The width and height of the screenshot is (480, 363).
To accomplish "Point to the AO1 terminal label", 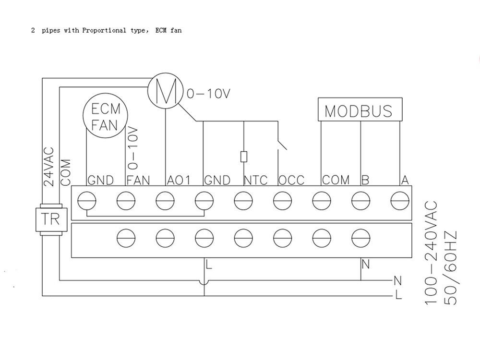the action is [x=179, y=180].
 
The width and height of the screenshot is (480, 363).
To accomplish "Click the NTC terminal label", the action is [x=256, y=180].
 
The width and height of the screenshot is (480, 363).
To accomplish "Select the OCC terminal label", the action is [x=292, y=180].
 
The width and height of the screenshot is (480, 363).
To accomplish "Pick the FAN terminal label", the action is [x=138, y=180].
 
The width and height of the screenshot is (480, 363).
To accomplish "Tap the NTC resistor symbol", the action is [x=244, y=157].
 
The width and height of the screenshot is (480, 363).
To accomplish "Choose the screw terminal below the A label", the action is [x=400, y=201].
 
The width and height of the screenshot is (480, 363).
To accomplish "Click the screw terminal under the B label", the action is [x=360, y=201].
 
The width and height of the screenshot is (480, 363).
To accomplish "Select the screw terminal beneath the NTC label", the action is [x=243, y=201].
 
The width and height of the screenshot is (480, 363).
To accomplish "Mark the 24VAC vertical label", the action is [x=49, y=167].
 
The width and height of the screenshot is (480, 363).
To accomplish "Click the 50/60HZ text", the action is [x=450, y=268].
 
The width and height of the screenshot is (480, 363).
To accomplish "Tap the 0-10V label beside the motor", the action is [x=208, y=94].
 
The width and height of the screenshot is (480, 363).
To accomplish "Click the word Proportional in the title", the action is [x=104, y=30].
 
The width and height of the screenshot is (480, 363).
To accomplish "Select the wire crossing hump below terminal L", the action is [x=204, y=282].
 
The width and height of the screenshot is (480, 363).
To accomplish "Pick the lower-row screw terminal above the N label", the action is [x=360, y=238].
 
